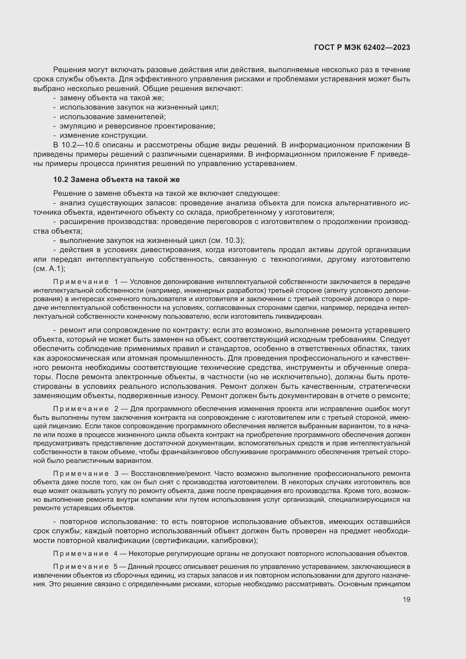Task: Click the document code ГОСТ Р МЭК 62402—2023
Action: tap(362, 48)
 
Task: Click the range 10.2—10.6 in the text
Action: tap(81, 145)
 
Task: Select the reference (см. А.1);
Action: tap(49, 269)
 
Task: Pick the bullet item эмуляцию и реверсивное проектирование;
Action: tap(137, 126)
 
